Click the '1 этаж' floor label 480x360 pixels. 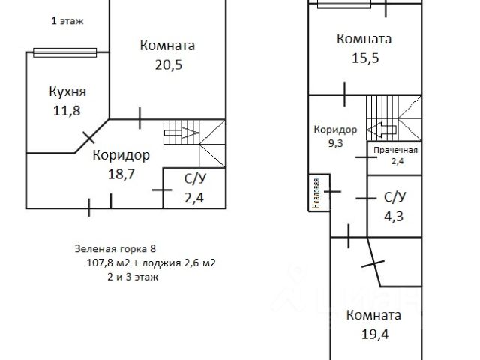click(66, 21)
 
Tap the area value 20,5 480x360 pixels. click(167, 64)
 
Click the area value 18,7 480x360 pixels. click(121, 173)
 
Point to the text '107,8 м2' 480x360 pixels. click(112, 262)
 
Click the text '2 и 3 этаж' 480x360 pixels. click(133, 277)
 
